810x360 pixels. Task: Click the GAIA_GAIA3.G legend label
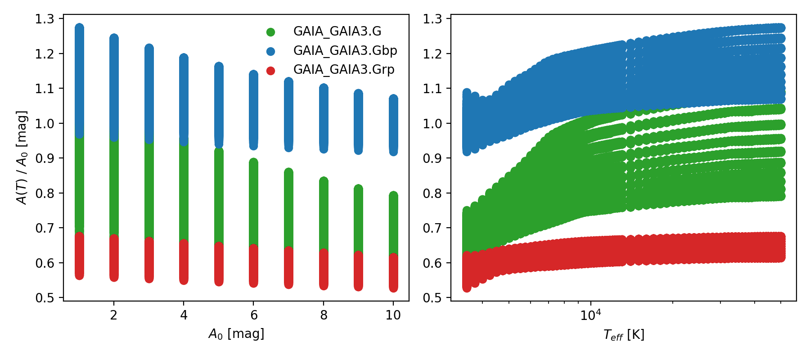(337, 31)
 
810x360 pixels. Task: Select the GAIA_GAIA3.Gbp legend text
(345, 51)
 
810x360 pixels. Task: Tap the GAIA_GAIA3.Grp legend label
(344, 70)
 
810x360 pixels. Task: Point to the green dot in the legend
(270, 32)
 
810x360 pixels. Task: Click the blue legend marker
(270, 51)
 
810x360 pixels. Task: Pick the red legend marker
(270, 71)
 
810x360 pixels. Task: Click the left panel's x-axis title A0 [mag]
(236, 334)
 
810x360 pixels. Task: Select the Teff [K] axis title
(624, 335)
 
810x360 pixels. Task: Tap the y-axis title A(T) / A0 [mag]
(22, 157)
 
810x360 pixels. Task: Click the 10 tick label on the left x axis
(393, 315)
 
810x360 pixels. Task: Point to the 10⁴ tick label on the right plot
(590, 315)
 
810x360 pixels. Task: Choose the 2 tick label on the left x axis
(113, 315)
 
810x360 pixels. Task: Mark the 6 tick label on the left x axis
(253, 315)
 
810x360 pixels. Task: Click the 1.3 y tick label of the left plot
(45, 19)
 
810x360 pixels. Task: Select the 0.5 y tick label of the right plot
(432, 298)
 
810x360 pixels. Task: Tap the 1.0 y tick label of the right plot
(432, 124)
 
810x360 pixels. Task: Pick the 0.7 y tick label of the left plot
(45, 228)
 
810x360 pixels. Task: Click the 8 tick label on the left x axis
(324, 315)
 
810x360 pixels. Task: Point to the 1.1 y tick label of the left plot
(45, 89)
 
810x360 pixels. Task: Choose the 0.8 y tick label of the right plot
(432, 193)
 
